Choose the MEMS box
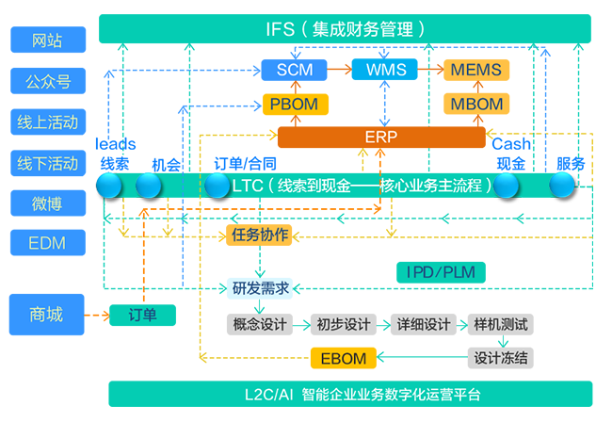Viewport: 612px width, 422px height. pos(475,70)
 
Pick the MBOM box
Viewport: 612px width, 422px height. pos(475,104)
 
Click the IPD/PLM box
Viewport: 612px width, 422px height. pos(441,272)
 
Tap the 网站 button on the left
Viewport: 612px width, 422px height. pos(48,40)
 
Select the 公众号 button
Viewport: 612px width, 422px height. pos(48,80)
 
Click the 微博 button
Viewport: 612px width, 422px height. pos(48,203)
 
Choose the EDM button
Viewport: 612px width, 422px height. pos(48,243)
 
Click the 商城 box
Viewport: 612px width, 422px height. pos(47,315)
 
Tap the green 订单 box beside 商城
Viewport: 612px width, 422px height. pos(142,315)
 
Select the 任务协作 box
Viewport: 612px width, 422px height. pos(258,235)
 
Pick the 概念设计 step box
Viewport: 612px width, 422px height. pos(257,325)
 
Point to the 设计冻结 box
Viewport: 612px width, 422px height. pos(500,357)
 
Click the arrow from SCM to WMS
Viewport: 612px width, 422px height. pos(339,70)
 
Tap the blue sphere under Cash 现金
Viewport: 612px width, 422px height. pos(507,186)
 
